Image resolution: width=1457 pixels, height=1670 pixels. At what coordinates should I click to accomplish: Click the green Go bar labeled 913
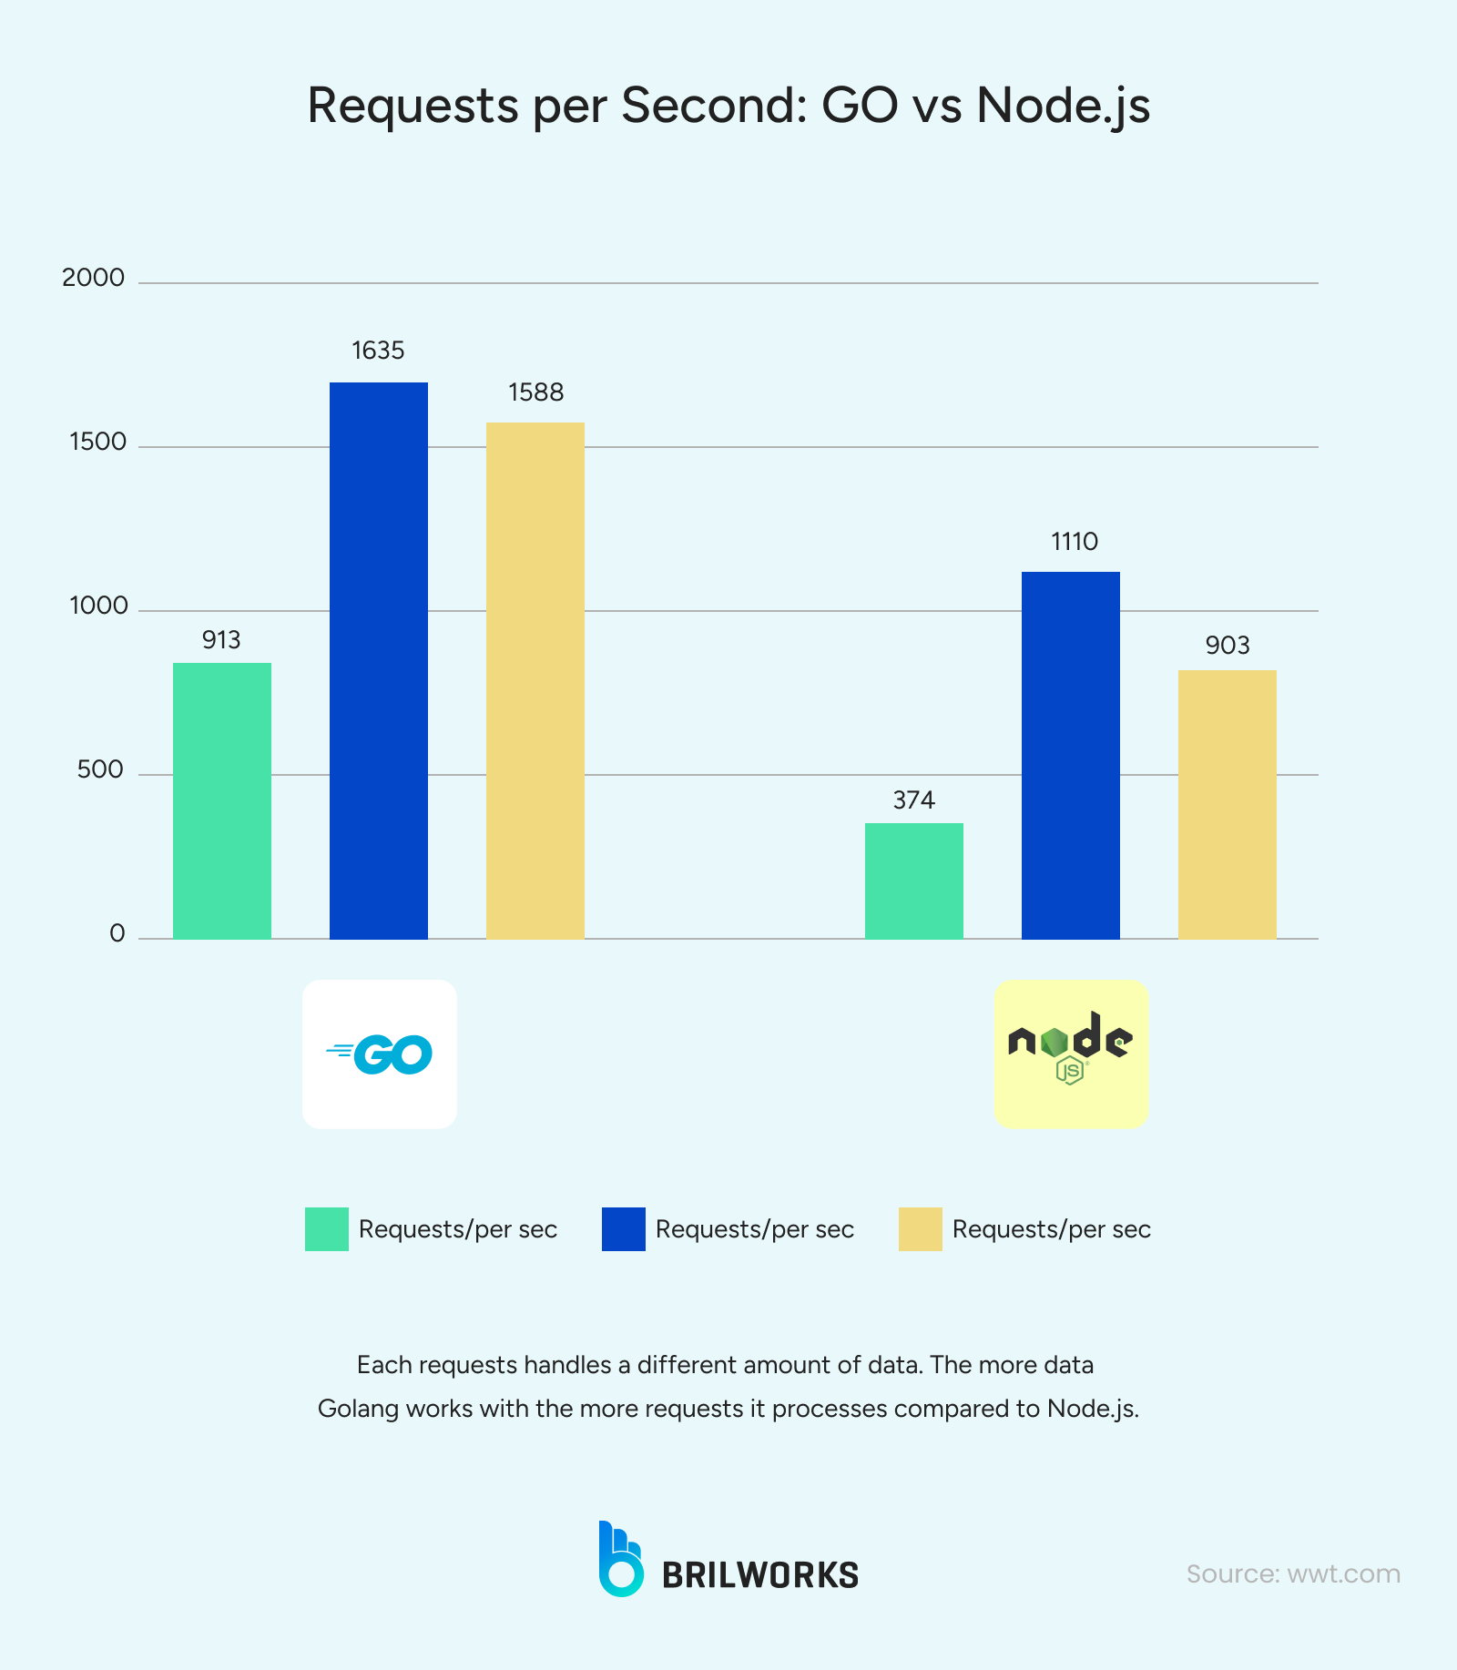pyautogui.click(x=222, y=800)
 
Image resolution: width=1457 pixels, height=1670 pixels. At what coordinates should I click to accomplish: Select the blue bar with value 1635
pyautogui.click(x=379, y=660)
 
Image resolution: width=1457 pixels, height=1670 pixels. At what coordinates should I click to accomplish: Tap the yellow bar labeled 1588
pyautogui.click(x=535, y=680)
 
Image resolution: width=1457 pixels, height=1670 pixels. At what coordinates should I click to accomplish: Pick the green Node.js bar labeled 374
pyautogui.click(x=914, y=881)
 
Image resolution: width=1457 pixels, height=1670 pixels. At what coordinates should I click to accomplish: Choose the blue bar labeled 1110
pyautogui.click(x=1071, y=755)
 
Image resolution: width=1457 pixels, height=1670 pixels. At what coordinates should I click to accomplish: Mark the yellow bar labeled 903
pyautogui.click(x=1228, y=804)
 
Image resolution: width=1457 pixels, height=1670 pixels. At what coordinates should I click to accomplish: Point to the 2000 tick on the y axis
pyautogui.click(x=93, y=278)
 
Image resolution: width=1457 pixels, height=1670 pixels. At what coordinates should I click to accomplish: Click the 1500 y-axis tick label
pyautogui.click(x=97, y=442)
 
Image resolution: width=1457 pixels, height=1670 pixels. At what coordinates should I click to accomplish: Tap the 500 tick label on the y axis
pyautogui.click(x=99, y=769)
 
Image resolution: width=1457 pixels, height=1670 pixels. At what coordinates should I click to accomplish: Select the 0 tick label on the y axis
pyautogui.click(x=117, y=933)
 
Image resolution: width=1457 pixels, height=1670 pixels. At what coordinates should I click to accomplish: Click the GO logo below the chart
pyautogui.click(x=380, y=1054)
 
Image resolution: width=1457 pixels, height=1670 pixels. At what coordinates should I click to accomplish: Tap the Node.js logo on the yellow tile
pyautogui.click(x=1071, y=1047)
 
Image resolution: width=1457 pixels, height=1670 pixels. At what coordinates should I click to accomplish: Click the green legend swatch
pyautogui.click(x=327, y=1229)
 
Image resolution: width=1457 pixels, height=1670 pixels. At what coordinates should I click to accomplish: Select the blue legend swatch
pyautogui.click(x=624, y=1229)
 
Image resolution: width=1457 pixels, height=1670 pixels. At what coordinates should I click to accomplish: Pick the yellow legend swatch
pyautogui.click(x=921, y=1229)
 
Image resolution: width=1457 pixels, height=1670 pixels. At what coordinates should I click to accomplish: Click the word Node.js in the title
pyautogui.click(x=1063, y=106)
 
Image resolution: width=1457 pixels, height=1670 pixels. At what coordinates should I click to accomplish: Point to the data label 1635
pyautogui.click(x=378, y=351)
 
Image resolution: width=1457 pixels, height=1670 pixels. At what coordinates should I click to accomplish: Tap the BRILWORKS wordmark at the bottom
pyautogui.click(x=759, y=1574)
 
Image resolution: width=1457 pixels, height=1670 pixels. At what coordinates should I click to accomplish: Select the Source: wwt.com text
pyautogui.click(x=1293, y=1573)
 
